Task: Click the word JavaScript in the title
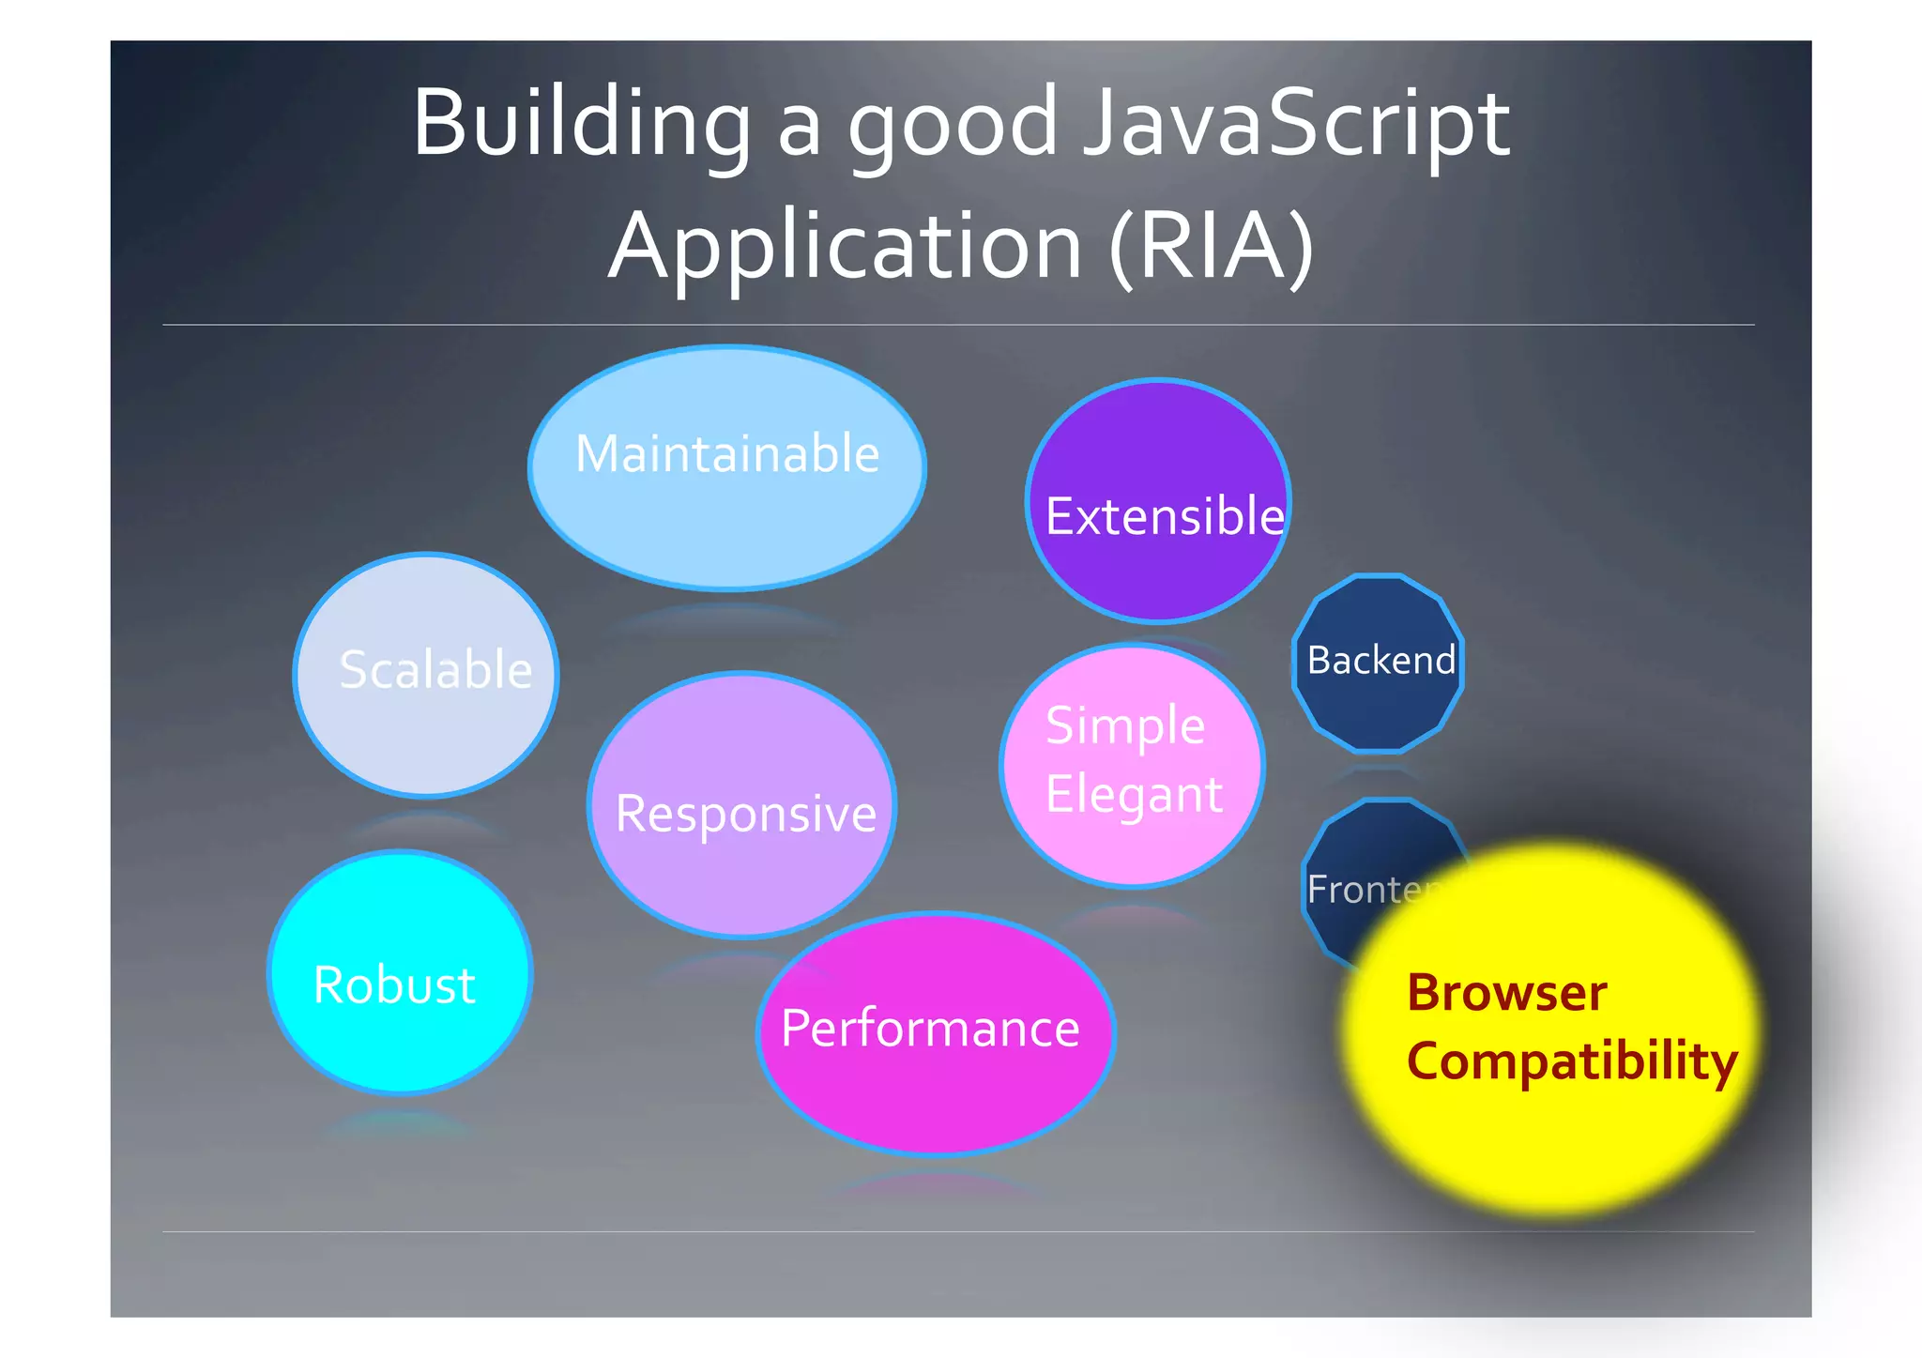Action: pos(1295,124)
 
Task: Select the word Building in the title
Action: pos(582,124)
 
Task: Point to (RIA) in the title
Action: pos(1211,246)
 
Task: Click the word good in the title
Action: pos(953,127)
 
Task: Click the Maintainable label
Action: pos(727,454)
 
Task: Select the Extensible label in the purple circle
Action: pos(1164,516)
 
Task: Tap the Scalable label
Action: pos(435,670)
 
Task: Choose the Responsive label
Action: pos(745,813)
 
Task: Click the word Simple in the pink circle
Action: pos(1124,726)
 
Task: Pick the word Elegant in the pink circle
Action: pos(1134,795)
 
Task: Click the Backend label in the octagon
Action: pos(1380,661)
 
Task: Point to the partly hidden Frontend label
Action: pos(1365,889)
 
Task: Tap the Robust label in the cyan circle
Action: pos(394,985)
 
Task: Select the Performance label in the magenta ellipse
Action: pos(930,1029)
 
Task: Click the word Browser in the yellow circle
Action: pos(1506,993)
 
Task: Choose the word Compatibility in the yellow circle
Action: pos(1572,1061)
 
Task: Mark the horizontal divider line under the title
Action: pos(957,325)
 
